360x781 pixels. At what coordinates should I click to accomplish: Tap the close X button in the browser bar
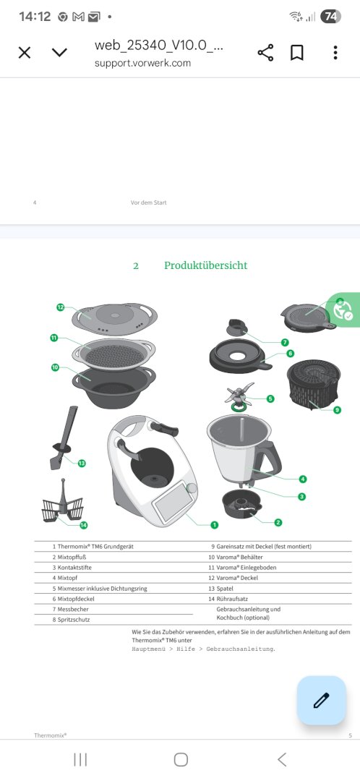click(x=25, y=52)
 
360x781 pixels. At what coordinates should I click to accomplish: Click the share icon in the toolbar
click(x=265, y=52)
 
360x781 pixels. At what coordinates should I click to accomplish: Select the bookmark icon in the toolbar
click(x=297, y=52)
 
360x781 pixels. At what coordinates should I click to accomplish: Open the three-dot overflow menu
click(x=335, y=52)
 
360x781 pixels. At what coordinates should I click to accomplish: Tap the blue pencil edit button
click(x=321, y=700)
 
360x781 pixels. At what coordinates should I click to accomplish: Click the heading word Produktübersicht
click(x=205, y=265)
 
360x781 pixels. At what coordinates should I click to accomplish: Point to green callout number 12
click(x=61, y=307)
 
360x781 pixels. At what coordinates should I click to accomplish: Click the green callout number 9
click(x=337, y=410)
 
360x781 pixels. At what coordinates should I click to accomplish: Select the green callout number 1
click(x=214, y=524)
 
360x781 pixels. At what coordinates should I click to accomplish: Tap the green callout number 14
click(x=84, y=524)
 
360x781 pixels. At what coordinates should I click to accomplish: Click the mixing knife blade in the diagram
click(x=239, y=394)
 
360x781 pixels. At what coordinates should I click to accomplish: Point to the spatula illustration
click(x=63, y=438)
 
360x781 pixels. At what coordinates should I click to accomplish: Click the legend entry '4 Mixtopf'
click(x=61, y=578)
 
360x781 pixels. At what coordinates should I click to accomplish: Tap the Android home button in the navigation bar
click(x=181, y=759)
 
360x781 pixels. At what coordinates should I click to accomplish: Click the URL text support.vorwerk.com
click(x=142, y=63)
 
